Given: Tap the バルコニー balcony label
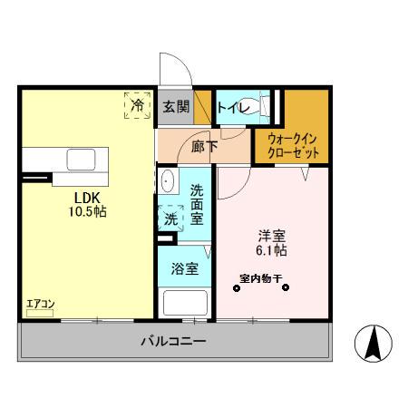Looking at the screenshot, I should coord(172,342).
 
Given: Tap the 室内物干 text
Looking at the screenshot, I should coord(260,277).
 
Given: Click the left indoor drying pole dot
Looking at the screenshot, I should coord(237,289).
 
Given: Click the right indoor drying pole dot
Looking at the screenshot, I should coord(286,289).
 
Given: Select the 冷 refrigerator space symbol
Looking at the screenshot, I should coord(138,105).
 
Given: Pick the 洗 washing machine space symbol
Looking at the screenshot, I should coord(170,218).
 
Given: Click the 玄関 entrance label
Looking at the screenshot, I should coord(176,106).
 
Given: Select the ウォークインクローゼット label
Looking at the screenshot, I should coord(292,146).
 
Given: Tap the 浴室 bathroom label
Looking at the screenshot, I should coord(184,268).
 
